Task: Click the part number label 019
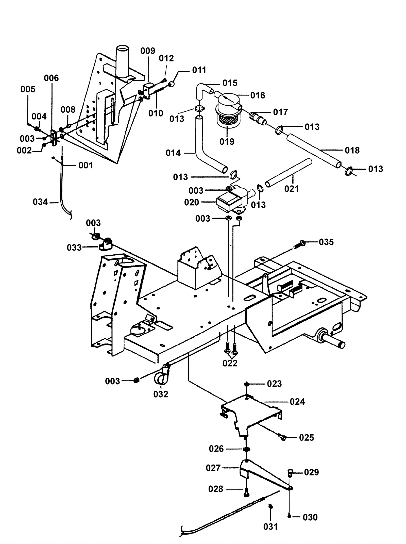coord(227,142)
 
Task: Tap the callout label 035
coord(326,242)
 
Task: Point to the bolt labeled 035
coord(299,244)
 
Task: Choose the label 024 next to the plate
coord(297,402)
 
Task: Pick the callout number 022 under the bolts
coord(230,363)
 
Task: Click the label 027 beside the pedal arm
coord(213,468)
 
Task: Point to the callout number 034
coord(40,202)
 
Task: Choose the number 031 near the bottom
coord(270,526)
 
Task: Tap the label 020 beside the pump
coord(192,202)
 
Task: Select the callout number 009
coord(148,51)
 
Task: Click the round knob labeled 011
coord(172,84)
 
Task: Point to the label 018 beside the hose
coord(352,150)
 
